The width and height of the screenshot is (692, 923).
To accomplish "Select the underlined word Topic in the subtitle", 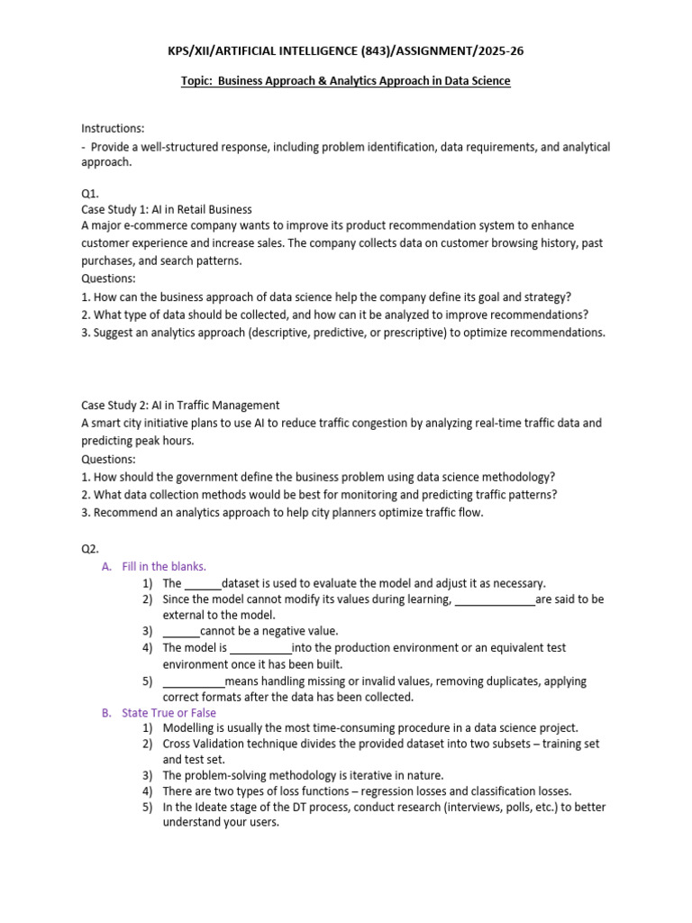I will [197, 81].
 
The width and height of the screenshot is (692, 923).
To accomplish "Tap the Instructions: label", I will [113, 129].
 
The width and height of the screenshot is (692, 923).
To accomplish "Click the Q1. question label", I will [91, 193].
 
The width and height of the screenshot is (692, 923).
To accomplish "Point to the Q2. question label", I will [91, 548].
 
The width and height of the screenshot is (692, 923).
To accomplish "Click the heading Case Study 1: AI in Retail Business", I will [167, 209].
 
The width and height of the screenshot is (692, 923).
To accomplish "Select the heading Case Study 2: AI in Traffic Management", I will [180, 405].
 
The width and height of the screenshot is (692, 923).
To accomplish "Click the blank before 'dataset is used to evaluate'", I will [203, 584].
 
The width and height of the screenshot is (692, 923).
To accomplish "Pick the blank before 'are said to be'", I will [495, 600].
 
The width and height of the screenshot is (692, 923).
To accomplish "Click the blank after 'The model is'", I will [261, 648].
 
